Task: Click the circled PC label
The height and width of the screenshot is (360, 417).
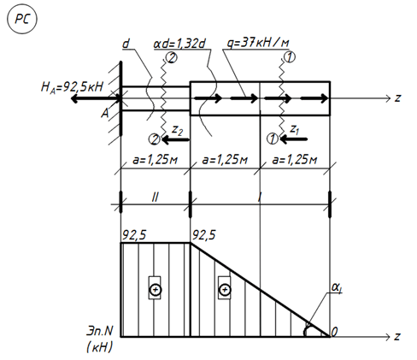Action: pos(22,20)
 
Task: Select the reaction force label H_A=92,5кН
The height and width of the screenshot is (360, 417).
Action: pos(72,87)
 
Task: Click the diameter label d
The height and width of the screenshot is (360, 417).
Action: pos(126,44)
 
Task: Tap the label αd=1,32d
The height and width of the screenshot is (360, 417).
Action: pos(179,44)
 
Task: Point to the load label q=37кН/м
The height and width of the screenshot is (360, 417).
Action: pos(258,43)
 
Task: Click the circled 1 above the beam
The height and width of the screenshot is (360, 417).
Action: pos(290,57)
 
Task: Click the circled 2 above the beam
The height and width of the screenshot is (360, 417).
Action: pos(172,58)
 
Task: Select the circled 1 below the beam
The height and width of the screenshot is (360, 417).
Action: pos(273,139)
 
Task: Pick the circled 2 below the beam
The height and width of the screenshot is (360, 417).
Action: pos(155,139)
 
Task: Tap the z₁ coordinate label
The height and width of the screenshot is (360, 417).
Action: pos(294,130)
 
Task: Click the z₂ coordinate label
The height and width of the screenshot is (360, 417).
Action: pos(177,130)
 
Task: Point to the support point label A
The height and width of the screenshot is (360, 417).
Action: pos(105,114)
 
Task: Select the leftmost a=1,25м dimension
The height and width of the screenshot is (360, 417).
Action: pos(156,160)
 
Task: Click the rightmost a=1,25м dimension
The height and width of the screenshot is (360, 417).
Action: pos(295,160)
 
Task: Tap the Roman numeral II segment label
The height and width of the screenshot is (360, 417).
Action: pos(155,197)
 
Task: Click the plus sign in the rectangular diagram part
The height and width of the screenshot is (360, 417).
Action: pos(156,290)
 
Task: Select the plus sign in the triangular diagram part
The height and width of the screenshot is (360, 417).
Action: pos(225,290)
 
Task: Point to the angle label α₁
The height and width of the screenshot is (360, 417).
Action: pos(337,288)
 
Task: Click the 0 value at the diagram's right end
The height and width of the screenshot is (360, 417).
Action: pos(334,332)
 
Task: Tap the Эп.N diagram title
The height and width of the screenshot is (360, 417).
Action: pos(99,331)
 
